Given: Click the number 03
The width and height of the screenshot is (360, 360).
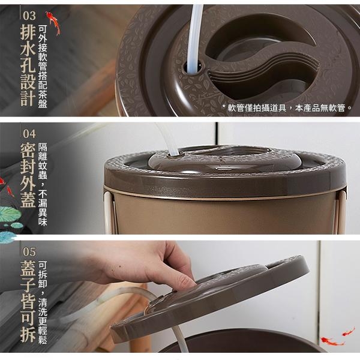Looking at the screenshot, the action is click(29, 16).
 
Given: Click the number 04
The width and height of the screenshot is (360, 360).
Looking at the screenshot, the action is click(29, 134).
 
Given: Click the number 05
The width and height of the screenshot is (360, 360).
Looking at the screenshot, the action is click(29, 252).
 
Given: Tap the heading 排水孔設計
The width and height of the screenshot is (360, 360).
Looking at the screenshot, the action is click(28, 65).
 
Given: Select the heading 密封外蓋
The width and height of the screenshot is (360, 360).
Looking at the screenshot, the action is click(28, 175).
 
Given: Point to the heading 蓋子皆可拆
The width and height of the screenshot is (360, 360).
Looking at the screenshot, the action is click(28, 301).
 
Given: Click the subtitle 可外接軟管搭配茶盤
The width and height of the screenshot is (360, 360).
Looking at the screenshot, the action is click(43, 67).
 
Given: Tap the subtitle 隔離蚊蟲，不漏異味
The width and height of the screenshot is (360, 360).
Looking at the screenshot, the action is click(43, 184).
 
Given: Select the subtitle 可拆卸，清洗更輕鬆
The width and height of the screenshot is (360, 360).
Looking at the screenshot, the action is click(43, 302).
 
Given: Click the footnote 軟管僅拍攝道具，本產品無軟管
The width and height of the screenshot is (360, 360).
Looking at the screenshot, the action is click(289, 107).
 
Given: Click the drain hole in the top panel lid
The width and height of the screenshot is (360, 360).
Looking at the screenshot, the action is click(193, 68).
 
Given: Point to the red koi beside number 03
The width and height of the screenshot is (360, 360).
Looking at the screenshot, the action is click(53, 23).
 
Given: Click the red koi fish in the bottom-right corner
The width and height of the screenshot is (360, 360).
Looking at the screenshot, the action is click(332, 341).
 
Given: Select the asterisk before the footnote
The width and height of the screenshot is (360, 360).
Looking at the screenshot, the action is click(224, 106).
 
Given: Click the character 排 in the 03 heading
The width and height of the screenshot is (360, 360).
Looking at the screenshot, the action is click(28, 32).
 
